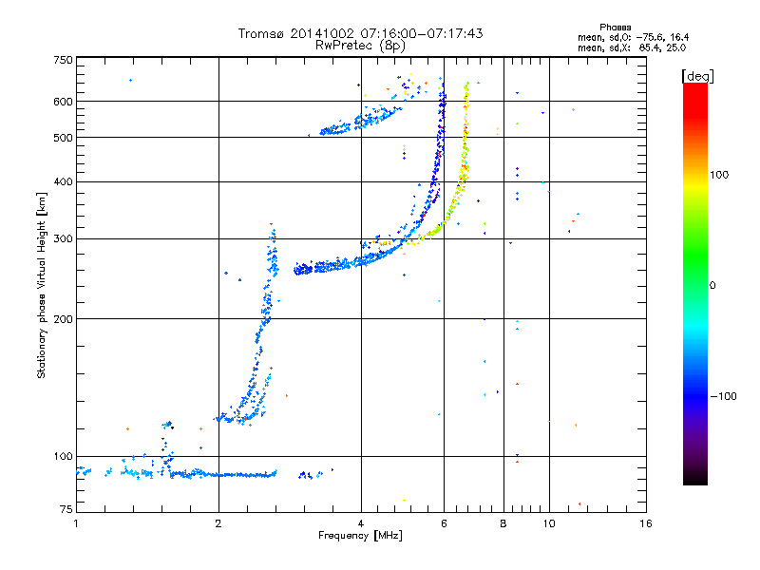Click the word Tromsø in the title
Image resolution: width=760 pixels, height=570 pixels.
pyautogui.click(x=258, y=33)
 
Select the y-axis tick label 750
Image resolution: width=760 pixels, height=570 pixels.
pyautogui.click(x=63, y=60)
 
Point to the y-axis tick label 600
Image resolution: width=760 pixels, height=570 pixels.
pyautogui.click(x=63, y=101)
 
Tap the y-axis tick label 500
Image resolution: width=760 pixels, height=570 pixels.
pyautogui.click(x=63, y=138)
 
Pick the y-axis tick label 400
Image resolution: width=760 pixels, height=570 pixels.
pyautogui.click(x=63, y=181)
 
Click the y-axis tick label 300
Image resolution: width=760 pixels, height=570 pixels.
pyautogui.click(x=63, y=238)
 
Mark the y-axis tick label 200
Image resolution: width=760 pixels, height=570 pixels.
pyautogui.click(x=63, y=318)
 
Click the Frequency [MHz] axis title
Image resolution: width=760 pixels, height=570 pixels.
pyautogui.click(x=360, y=537)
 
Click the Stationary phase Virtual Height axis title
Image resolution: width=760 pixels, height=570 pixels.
pyautogui.click(x=42, y=286)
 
